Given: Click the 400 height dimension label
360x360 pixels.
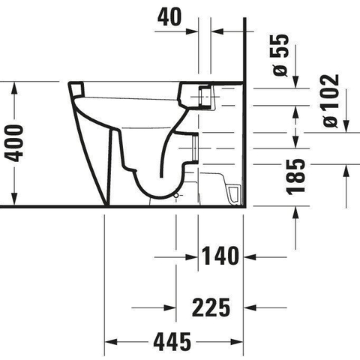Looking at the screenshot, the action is coord(14,143).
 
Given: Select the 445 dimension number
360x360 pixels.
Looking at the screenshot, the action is coord(172,341).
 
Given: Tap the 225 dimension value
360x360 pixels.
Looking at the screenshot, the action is coord(211,307).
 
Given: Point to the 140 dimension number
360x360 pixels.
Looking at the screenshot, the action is coord(220,256).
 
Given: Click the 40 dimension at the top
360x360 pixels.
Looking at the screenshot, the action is coord(169,17).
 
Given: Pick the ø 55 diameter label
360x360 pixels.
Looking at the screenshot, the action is coord(280,55).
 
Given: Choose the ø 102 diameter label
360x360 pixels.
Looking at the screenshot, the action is coord(331,100).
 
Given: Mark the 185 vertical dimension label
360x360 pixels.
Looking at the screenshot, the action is coord(295,177).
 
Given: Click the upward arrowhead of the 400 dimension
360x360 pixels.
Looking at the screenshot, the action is coord(14,88).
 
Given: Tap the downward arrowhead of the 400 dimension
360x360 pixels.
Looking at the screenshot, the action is coord(14,199).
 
